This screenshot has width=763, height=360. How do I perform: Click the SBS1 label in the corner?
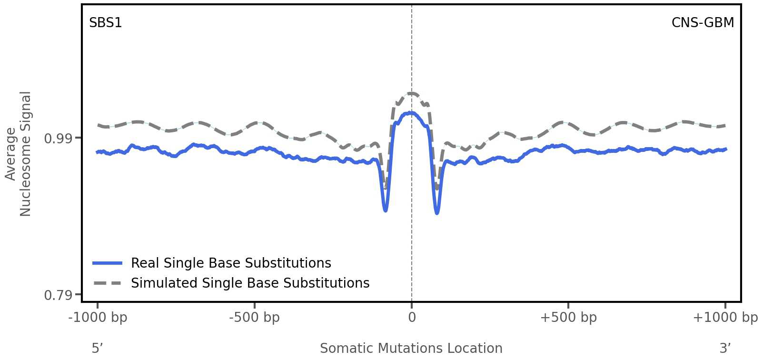[106, 23]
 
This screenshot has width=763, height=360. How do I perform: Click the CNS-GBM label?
[703, 23]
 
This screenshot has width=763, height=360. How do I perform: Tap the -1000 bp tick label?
[98, 318]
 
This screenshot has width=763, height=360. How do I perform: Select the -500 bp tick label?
[254, 318]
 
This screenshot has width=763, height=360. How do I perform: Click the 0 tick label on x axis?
[412, 318]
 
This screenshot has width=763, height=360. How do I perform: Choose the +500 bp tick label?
[568, 318]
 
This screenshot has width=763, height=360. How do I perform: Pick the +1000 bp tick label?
[725, 318]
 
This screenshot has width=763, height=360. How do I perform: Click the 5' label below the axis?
[97, 349]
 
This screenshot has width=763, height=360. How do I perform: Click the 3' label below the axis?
[725, 349]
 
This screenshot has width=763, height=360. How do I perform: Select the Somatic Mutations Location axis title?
[411, 349]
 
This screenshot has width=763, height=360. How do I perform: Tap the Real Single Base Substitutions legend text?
[231, 263]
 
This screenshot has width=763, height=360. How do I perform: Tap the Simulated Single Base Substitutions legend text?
[250, 283]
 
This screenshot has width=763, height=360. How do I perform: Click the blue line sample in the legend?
[108, 263]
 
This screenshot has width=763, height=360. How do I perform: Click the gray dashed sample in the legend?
[108, 283]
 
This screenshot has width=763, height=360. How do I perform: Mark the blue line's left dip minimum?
[386, 210]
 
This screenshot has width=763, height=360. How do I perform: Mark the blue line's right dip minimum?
[437, 213]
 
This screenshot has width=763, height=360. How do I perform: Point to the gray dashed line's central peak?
[411, 93]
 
